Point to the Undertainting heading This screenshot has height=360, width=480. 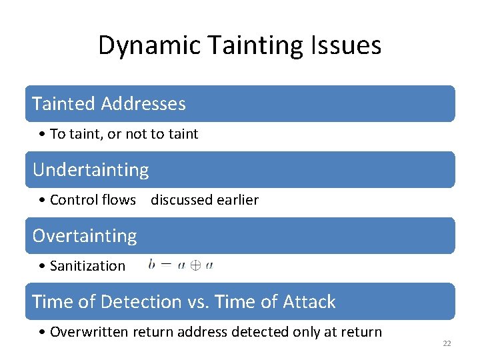coord(91,170)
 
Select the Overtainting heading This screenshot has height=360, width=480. coord(85,236)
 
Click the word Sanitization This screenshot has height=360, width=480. coord(87,266)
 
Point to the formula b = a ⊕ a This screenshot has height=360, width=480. coord(181,265)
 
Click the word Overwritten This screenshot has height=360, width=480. coord(87,332)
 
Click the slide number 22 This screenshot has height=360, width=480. coord(447,343)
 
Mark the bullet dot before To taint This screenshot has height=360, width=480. coord(42,135)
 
